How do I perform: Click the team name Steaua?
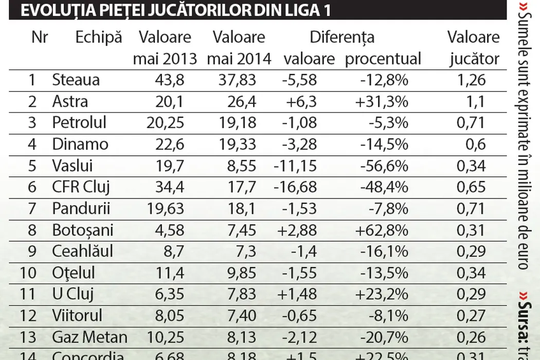(76, 80)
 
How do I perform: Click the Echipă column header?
(99, 37)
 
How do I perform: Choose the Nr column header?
(40, 37)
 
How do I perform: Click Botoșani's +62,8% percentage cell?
(381, 230)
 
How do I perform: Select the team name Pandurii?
(81, 209)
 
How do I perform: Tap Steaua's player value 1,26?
(472, 80)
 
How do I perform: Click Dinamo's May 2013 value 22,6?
(170, 145)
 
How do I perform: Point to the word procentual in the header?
(383, 59)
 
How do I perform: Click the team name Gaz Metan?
(89, 337)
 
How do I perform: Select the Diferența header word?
(342, 37)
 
